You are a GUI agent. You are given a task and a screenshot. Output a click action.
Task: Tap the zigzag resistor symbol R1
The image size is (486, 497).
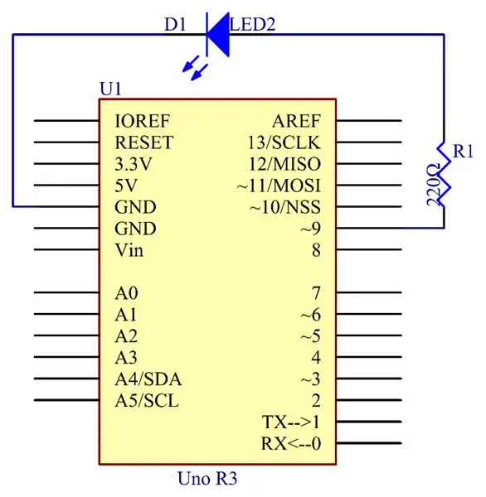[444, 174]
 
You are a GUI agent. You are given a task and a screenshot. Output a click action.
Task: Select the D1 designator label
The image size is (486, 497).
[175, 24]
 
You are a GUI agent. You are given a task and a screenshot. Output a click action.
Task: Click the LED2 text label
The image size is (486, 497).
[253, 24]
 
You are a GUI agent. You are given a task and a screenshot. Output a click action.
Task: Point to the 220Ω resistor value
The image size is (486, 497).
[433, 185]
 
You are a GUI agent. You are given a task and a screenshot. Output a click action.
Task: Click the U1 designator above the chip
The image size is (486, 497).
[110, 89]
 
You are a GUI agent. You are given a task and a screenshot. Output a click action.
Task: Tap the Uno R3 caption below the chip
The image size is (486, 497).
[207, 478]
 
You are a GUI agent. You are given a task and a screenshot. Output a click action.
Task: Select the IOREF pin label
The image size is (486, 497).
[142, 121]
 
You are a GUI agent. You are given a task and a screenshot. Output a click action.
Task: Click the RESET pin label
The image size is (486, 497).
[143, 142]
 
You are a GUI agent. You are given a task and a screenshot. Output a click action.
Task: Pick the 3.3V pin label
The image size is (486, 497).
[133, 164]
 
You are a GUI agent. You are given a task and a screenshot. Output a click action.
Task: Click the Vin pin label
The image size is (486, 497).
[129, 250]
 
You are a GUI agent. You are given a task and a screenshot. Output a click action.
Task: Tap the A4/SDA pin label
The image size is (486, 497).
[148, 379]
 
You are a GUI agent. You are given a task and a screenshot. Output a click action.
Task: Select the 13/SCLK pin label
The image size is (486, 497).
[284, 142]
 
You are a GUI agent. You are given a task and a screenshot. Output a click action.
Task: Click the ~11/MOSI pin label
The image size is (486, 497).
[279, 186]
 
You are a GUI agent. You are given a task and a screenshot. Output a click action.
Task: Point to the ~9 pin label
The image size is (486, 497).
[311, 229]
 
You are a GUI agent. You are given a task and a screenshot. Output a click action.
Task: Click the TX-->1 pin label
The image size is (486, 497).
[291, 422]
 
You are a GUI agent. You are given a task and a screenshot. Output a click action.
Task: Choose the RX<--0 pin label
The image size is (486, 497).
[291, 444]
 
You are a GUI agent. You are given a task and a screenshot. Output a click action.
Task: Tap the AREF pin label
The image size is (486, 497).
[296, 121]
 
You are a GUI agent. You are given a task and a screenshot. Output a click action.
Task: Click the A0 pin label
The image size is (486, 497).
[126, 293]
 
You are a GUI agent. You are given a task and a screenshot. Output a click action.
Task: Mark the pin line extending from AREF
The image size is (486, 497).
[369, 121]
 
